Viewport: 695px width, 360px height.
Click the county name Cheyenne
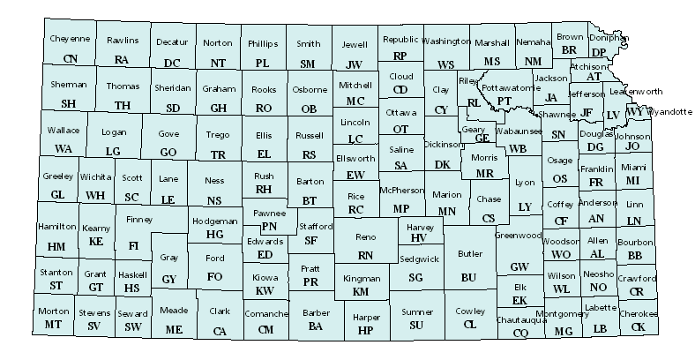pos(70,40)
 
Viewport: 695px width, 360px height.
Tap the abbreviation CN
pos(71,58)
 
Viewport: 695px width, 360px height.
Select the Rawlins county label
pos(123,40)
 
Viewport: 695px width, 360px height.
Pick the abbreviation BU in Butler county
pos(468,277)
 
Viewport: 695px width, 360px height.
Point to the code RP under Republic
pos(400,56)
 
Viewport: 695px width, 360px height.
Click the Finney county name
pos(139,219)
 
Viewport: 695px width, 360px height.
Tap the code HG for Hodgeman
pos(214,234)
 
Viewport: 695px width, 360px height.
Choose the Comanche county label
pos(265,314)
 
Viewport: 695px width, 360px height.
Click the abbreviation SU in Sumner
pos(416,325)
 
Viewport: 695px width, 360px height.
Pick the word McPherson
pos(401,191)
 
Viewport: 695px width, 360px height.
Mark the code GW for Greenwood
pos(519,266)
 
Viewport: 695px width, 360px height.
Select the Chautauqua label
pos(521,319)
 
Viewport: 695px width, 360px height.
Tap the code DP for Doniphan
pos(600,52)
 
